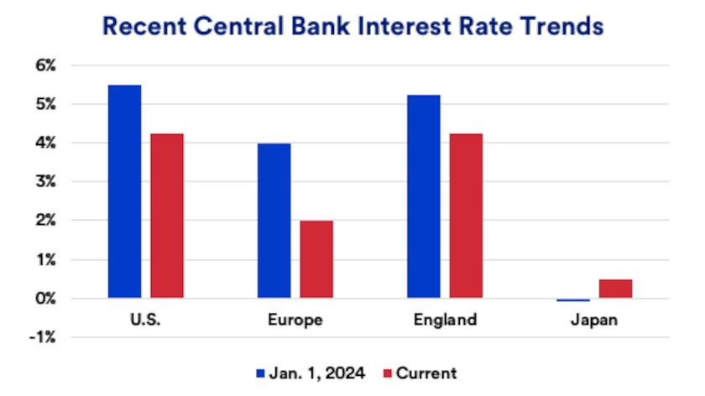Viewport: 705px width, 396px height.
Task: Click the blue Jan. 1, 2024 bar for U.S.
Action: (124, 191)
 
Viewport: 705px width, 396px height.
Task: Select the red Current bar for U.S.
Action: (166, 216)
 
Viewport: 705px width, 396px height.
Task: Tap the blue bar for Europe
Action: (274, 221)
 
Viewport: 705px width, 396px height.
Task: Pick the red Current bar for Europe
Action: (316, 259)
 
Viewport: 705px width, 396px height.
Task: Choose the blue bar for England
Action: (423, 196)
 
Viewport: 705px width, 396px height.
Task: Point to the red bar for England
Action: (466, 216)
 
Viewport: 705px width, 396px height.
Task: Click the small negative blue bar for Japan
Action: (573, 300)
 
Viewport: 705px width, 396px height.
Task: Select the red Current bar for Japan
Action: (615, 289)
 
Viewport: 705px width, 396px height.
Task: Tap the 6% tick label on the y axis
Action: (69, 65)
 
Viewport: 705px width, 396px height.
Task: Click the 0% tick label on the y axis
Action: (69, 299)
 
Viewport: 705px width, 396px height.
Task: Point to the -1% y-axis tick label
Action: (67, 337)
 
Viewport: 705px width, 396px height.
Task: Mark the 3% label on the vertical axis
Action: (69, 182)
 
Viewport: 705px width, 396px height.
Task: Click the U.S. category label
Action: (145, 320)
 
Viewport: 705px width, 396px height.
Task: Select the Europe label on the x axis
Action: (295, 320)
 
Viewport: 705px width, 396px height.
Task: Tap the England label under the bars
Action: (445, 320)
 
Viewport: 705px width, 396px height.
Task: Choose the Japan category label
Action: (594, 320)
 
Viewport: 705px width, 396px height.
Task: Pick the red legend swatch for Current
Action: (388, 373)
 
